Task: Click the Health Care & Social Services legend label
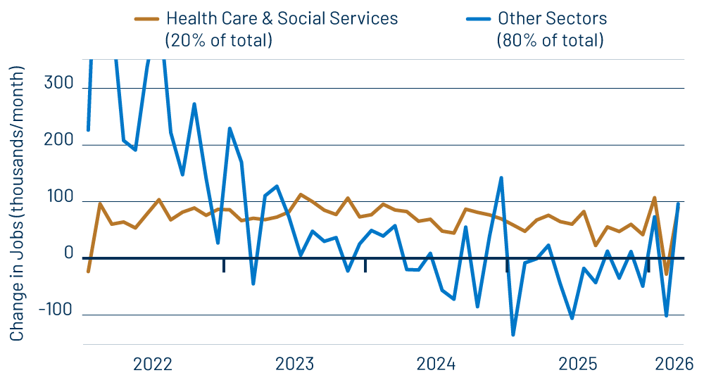(281, 18)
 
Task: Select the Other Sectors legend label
(552, 18)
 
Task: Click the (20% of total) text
(218, 40)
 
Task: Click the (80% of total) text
(550, 40)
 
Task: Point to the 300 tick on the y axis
(59, 84)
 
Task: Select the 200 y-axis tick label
(59, 141)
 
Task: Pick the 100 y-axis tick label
(59, 197)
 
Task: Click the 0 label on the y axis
(68, 254)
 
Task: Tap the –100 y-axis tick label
(56, 310)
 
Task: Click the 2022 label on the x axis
(153, 364)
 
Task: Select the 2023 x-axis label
(294, 364)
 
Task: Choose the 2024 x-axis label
(436, 364)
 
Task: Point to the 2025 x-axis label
(578, 364)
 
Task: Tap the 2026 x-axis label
(674, 364)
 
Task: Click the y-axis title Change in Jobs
(17, 204)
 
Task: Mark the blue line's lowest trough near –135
(513, 335)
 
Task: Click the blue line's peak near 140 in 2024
(501, 177)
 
